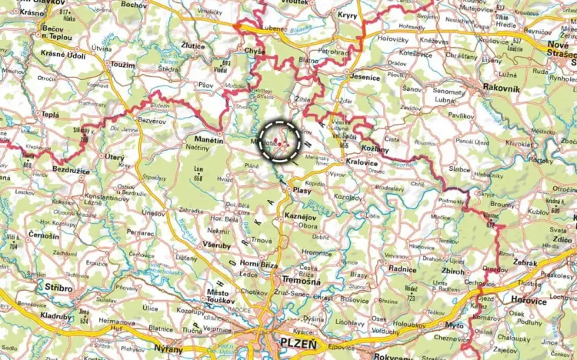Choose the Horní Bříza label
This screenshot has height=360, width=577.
[x=258, y=264]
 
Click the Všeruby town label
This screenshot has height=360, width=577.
[x=215, y=245]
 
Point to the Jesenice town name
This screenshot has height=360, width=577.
[x=364, y=78]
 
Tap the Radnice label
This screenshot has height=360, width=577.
[x=402, y=268]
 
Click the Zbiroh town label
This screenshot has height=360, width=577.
[x=452, y=272]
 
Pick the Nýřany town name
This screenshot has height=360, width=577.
[x=168, y=348]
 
